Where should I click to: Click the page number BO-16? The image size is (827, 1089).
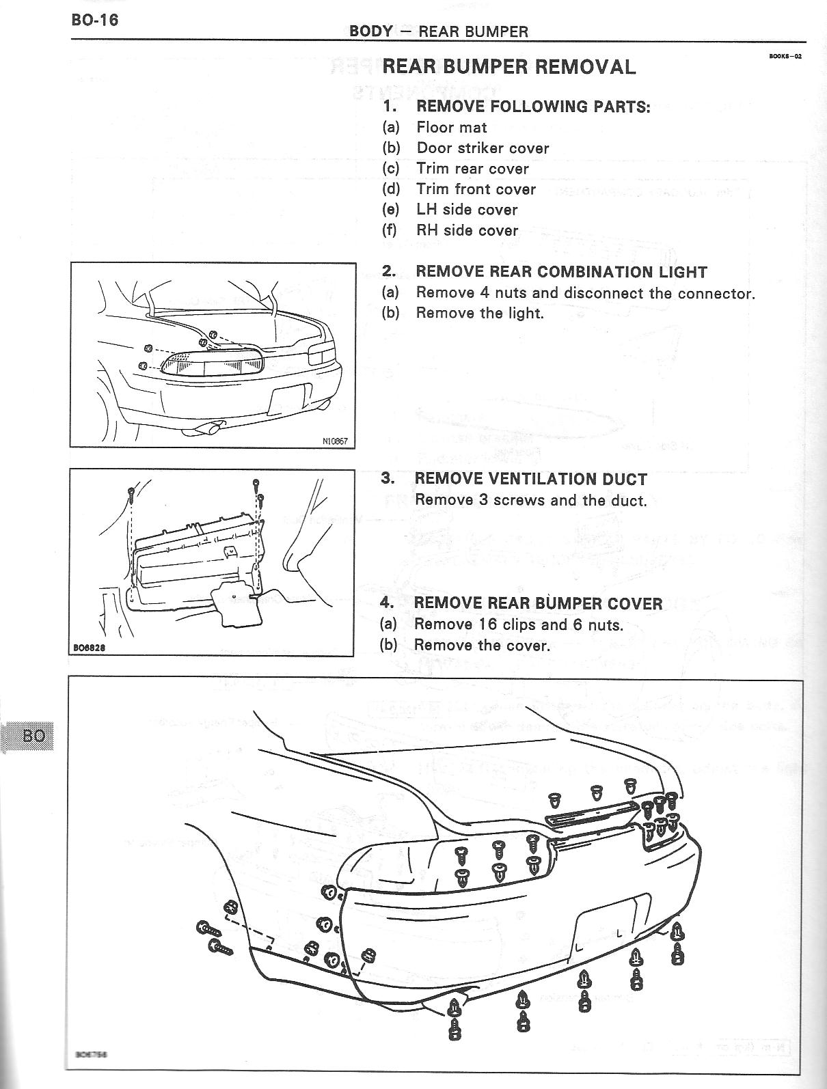pos(95,20)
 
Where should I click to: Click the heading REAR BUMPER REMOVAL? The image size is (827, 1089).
pos(509,67)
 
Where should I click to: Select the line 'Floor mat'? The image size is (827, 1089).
pos(451,127)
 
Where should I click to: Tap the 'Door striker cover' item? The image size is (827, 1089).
pos(483,148)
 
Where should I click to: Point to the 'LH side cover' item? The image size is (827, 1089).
pos(467,210)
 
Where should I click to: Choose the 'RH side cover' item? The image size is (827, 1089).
pos(467,230)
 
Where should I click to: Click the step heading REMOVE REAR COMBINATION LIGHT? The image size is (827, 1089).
pos(560,272)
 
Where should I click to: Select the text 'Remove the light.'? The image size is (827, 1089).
pos(480,313)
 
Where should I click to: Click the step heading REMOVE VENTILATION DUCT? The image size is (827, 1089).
pos(530,479)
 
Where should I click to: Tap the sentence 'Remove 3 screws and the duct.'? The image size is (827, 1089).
pos(530,500)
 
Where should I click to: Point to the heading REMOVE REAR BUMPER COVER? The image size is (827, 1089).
pos(538,603)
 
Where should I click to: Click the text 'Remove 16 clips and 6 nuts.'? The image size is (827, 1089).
pos(519,624)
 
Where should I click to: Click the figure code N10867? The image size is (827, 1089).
pos(335,441)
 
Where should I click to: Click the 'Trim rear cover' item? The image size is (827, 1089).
pos(472,169)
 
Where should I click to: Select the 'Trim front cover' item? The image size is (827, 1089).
pos(476,189)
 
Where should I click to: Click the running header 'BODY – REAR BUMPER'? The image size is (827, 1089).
pos(438,31)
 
